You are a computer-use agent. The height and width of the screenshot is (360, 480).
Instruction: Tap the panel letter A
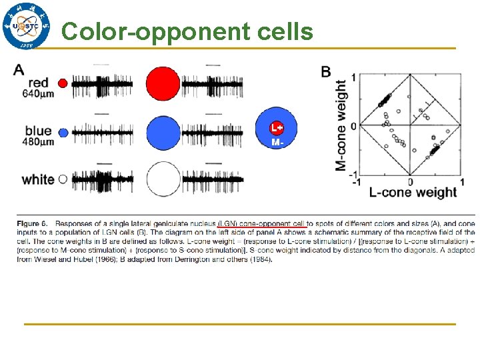coord(19,69)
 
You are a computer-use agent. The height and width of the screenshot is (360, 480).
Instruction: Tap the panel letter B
coord(326,71)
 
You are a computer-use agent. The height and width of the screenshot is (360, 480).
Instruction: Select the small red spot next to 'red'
coord(63,83)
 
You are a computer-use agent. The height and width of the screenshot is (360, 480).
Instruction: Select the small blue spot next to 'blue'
coord(63,133)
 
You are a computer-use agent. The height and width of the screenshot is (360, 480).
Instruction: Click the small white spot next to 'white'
coord(63,179)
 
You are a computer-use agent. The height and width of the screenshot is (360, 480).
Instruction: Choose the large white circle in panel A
coord(163,179)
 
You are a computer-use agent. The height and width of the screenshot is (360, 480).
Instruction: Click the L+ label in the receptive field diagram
coord(276,128)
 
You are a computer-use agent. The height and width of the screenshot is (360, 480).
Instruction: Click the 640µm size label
coord(39,94)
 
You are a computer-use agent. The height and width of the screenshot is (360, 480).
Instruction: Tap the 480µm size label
coord(39,142)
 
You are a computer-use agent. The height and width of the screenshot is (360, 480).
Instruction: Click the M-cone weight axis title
coord(341,125)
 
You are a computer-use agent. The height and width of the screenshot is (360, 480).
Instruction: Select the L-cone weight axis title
coord(413,193)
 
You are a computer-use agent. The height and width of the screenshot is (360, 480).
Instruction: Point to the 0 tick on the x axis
coord(410,181)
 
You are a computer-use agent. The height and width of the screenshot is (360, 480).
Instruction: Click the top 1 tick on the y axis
coord(353,77)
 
